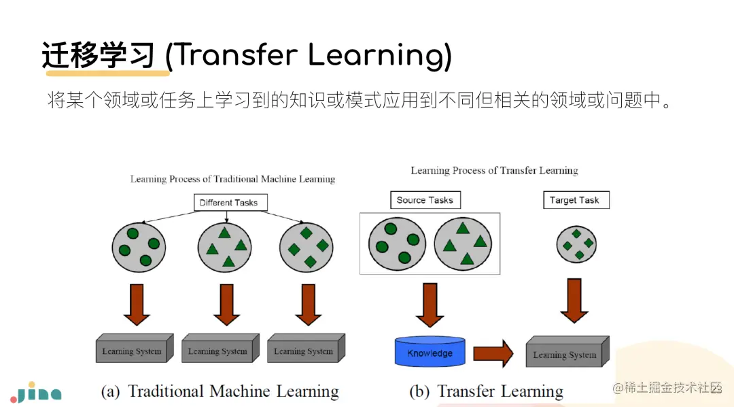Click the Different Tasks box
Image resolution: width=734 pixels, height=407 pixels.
[229, 202]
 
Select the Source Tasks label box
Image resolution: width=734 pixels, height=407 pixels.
[425, 200]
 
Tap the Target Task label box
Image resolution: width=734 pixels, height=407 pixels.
[575, 200]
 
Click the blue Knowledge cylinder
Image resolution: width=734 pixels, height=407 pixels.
[430, 352]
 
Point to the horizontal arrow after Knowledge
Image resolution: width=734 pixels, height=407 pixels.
[493, 353]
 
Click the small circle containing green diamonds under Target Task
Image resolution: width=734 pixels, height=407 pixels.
[576, 243]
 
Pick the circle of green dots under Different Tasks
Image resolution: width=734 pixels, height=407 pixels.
[137, 246]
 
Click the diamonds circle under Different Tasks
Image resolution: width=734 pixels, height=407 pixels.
[307, 246]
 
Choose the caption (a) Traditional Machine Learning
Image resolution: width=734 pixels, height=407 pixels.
[220, 391]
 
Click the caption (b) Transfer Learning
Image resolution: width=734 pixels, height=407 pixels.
[487, 391]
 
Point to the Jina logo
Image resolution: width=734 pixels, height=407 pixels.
[35, 392]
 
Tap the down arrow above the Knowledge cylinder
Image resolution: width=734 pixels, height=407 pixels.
[430, 305]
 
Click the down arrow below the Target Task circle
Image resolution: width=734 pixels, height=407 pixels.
[574, 300]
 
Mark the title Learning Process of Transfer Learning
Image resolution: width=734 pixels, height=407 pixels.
[494, 170]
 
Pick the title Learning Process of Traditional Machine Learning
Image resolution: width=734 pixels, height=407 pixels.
[232, 179]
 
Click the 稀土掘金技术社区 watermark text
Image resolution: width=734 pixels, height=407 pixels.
[667, 387]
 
